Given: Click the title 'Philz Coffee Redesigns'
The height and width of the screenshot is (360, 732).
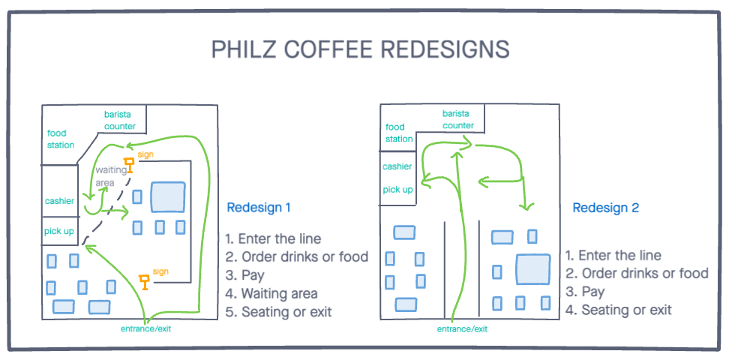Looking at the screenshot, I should [360, 49].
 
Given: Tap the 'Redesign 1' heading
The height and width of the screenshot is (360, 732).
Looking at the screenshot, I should [258, 207].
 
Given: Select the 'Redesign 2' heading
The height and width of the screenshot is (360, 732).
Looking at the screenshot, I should [605, 208].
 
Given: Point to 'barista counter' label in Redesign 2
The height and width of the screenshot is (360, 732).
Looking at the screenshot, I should [457, 120].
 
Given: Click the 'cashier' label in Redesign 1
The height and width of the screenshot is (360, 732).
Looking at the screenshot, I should [59, 201].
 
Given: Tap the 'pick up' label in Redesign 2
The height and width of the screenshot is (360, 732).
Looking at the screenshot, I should [397, 190].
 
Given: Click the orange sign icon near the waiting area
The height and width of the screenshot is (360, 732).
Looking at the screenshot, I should [130, 163].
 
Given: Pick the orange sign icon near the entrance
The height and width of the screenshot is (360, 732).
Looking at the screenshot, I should [144, 282].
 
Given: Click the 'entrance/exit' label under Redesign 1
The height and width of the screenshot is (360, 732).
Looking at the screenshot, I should [151, 328].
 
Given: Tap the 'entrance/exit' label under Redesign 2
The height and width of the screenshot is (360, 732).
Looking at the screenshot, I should [462, 328].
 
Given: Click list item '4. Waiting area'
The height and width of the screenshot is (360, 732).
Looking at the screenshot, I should [271, 293].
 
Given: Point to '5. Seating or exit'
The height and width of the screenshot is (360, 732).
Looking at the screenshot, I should [278, 311].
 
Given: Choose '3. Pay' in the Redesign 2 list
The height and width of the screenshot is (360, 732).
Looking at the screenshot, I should [585, 292].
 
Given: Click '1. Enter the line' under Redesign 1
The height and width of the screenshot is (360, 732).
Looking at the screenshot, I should [273, 239].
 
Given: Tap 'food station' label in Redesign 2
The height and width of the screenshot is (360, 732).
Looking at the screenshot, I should [399, 133].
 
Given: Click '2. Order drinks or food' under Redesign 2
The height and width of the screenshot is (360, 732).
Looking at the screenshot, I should [637, 274].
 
